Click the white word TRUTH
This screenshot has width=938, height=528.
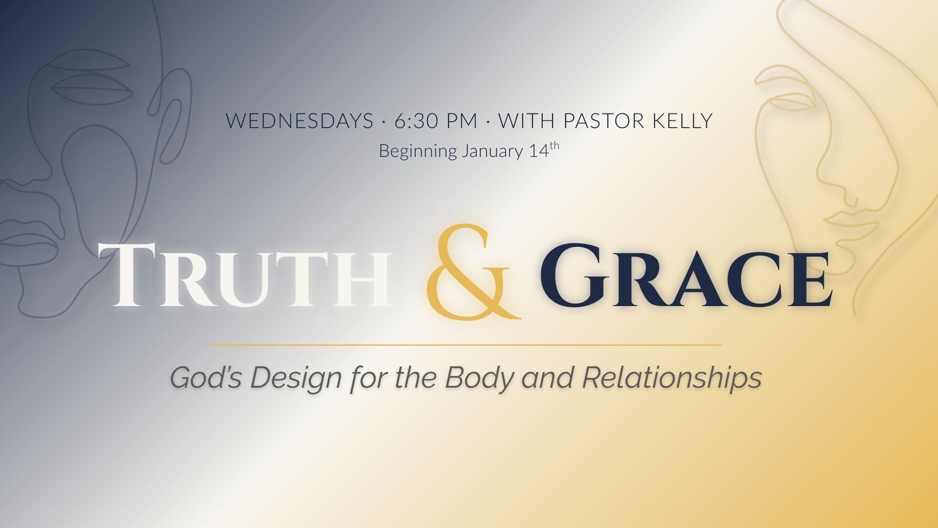pos(244,276)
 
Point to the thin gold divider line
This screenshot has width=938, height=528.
pos(466,345)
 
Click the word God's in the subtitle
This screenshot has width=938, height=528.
pos(206,378)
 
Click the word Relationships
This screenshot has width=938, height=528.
pos(672,378)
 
